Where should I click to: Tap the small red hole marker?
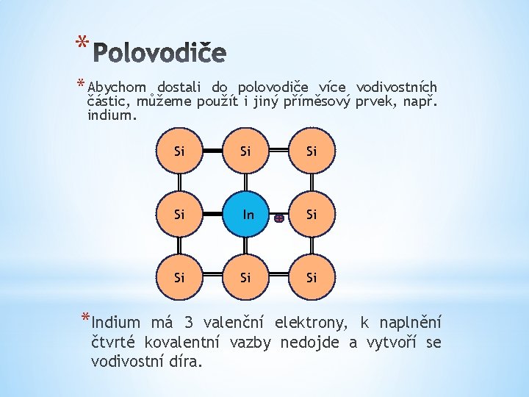coord(279,218)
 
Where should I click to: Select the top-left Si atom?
coord(179,151)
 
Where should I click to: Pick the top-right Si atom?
coord(312,151)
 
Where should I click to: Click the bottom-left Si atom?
coord(179,278)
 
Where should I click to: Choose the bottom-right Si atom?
coord(312,278)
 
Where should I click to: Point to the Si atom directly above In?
coord(245,151)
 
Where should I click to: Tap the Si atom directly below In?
coord(245,278)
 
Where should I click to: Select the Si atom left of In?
coord(179,215)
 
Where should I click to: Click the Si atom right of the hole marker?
coord(312,215)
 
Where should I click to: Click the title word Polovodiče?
coord(161,53)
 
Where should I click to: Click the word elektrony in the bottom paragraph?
coord(309,323)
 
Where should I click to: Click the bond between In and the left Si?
coord(212,215)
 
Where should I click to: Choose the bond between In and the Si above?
coord(245,182)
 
